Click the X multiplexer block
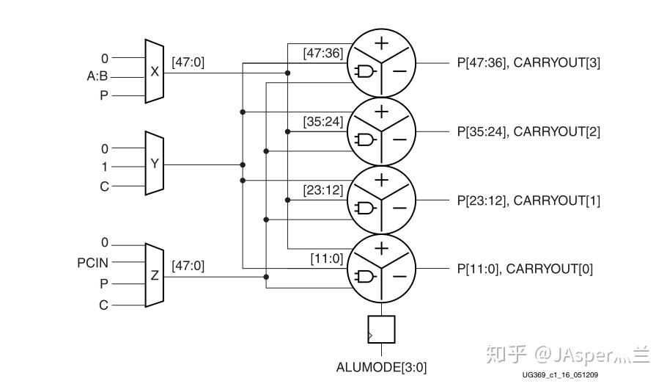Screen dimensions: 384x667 [154, 72]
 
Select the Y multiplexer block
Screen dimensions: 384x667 [154, 164]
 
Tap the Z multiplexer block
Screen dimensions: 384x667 [154, 276]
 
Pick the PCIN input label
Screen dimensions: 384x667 [92, 261]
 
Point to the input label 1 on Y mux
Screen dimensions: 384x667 [104, 167]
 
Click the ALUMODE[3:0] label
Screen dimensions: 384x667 [381, 366]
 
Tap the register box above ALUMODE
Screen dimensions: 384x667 [381, 330]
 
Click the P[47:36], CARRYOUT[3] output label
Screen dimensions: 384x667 [528, 63]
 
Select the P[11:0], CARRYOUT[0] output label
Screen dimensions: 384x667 [525, 269]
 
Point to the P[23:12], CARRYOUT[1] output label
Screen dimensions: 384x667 [528, 200]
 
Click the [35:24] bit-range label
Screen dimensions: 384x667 [323, 121]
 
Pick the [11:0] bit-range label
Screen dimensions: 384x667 [326, 258]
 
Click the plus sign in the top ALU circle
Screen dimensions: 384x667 [381, 43]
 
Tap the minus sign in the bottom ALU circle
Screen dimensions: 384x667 [399, 277]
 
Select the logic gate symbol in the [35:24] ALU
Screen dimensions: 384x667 [364, 140]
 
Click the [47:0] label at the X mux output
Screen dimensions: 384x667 [188, 63]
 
